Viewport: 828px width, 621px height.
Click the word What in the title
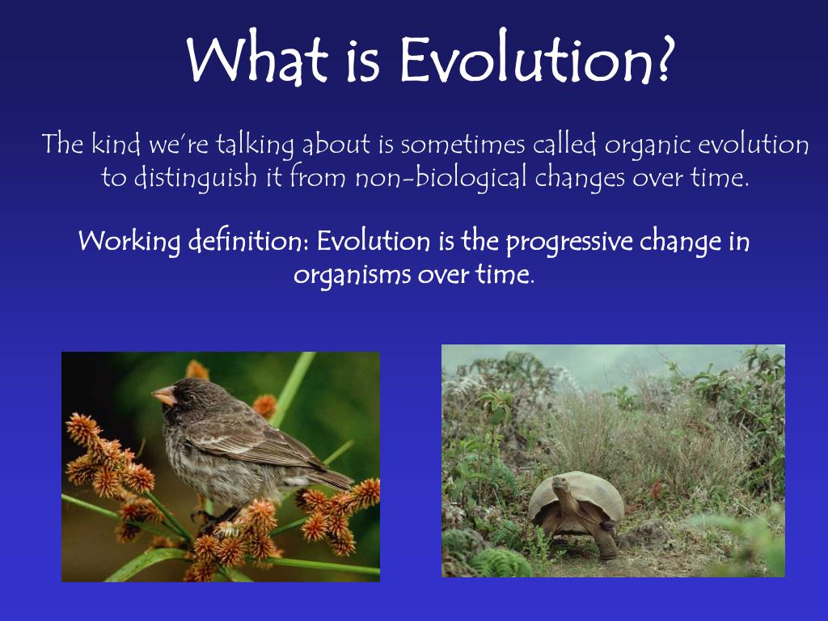(258, 61)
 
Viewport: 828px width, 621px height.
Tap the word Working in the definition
(129, 242)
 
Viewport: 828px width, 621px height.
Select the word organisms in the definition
(353, 276)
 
